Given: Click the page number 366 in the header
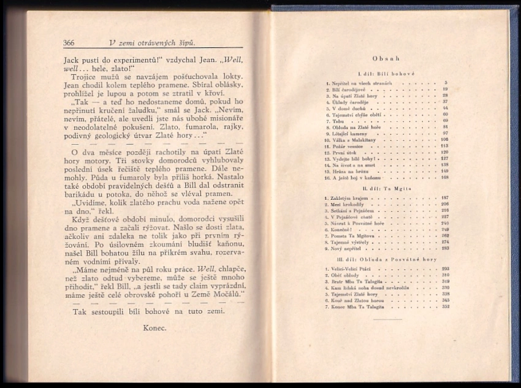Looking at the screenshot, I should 69,43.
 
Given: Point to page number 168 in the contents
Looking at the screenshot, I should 444,178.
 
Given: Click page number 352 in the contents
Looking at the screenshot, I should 444,307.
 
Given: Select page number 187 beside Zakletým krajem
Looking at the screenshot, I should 444,197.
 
